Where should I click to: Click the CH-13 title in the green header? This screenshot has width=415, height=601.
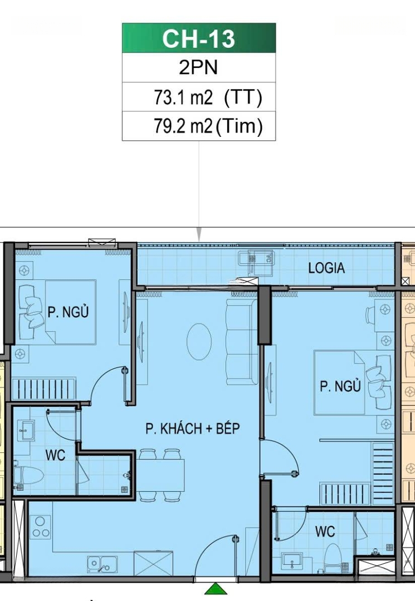pyautogui.click(x=198, y=38)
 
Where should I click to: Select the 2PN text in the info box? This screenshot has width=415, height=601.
pyautogui.click(x=198, y=67)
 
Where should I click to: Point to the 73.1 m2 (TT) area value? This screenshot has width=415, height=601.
pyautogui.click(x=208, y=97)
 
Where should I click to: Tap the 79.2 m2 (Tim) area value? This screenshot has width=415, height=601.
pyautogui.click(x=208, y=126)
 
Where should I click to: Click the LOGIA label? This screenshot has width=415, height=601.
pyautogui.click(x=326, y=268)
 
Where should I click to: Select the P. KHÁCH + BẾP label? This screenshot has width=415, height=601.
pyautogui.click(x=193, y=428)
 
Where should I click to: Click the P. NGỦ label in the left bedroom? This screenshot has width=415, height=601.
pyautogui.click(x=68, y=311)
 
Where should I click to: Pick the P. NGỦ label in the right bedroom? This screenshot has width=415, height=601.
pyautogui.click(x=340, y=386)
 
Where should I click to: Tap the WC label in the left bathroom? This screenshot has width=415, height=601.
pyautogui.click(x=55, y=455)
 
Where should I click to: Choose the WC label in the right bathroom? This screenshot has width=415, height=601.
pyautogui.click(x=325, y=531)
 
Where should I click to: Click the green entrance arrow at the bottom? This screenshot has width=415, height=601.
pyautogui.click(x=216, y=589)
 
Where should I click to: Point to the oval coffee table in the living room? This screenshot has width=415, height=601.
pyautogui.click(x=199, y=342)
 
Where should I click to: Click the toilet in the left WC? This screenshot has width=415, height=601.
pyautogui.click(x=28, y=475)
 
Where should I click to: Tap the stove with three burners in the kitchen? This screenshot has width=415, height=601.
pyautogui.click(x=40, y=527)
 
